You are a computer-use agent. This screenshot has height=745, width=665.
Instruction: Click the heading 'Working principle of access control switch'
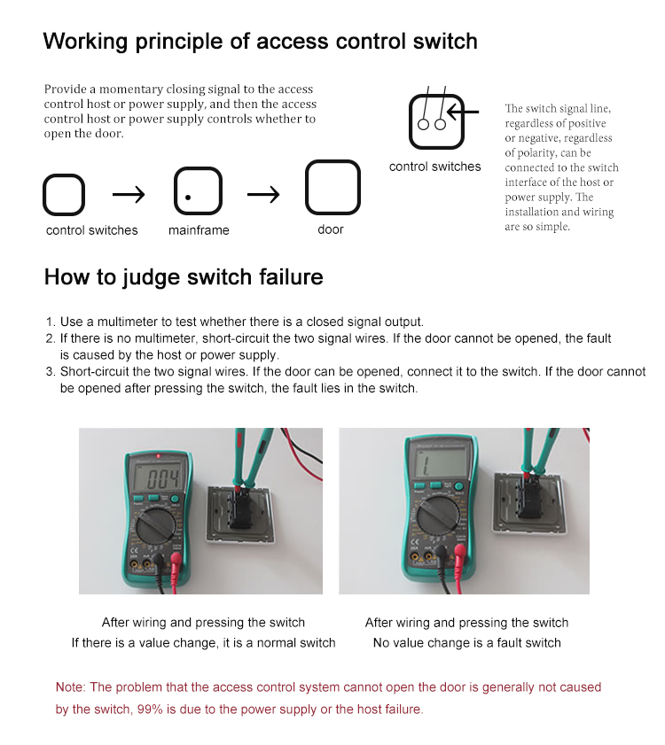pyautogui.click(x=260, y=41)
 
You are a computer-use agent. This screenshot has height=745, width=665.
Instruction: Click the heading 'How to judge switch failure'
pyautogui.click(x=184, y=277)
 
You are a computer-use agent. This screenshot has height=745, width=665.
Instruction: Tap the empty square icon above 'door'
pyautogui.click(x=332, y=188)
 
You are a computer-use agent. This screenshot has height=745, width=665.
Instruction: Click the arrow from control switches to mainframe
pyautogui.click(x=129, y=193)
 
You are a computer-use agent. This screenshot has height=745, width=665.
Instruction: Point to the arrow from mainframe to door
pyautogui.click(x=263, y=193)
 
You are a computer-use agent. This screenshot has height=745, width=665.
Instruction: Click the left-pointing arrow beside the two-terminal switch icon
pyautogui.click(x=464, y=113)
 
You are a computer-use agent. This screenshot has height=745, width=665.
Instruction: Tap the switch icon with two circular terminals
pyautogui.click(x=432, y=121)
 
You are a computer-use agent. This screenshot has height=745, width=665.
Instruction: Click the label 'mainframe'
pyautogui.click(x=199, y=230)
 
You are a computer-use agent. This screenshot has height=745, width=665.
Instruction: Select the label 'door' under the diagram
pyautogui.click(x=331, y=229)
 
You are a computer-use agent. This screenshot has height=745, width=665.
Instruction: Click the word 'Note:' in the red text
pyautogui.click(x=71, y=687)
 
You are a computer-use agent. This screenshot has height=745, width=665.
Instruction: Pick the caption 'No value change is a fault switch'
pyautogui.click(x=466, y=642)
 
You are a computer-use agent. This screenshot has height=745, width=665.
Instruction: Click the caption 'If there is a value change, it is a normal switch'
pyautogui.click(x=203, y=642)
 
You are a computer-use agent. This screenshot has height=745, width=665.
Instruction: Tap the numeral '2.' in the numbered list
pyautogui.click(x=50, y=338)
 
